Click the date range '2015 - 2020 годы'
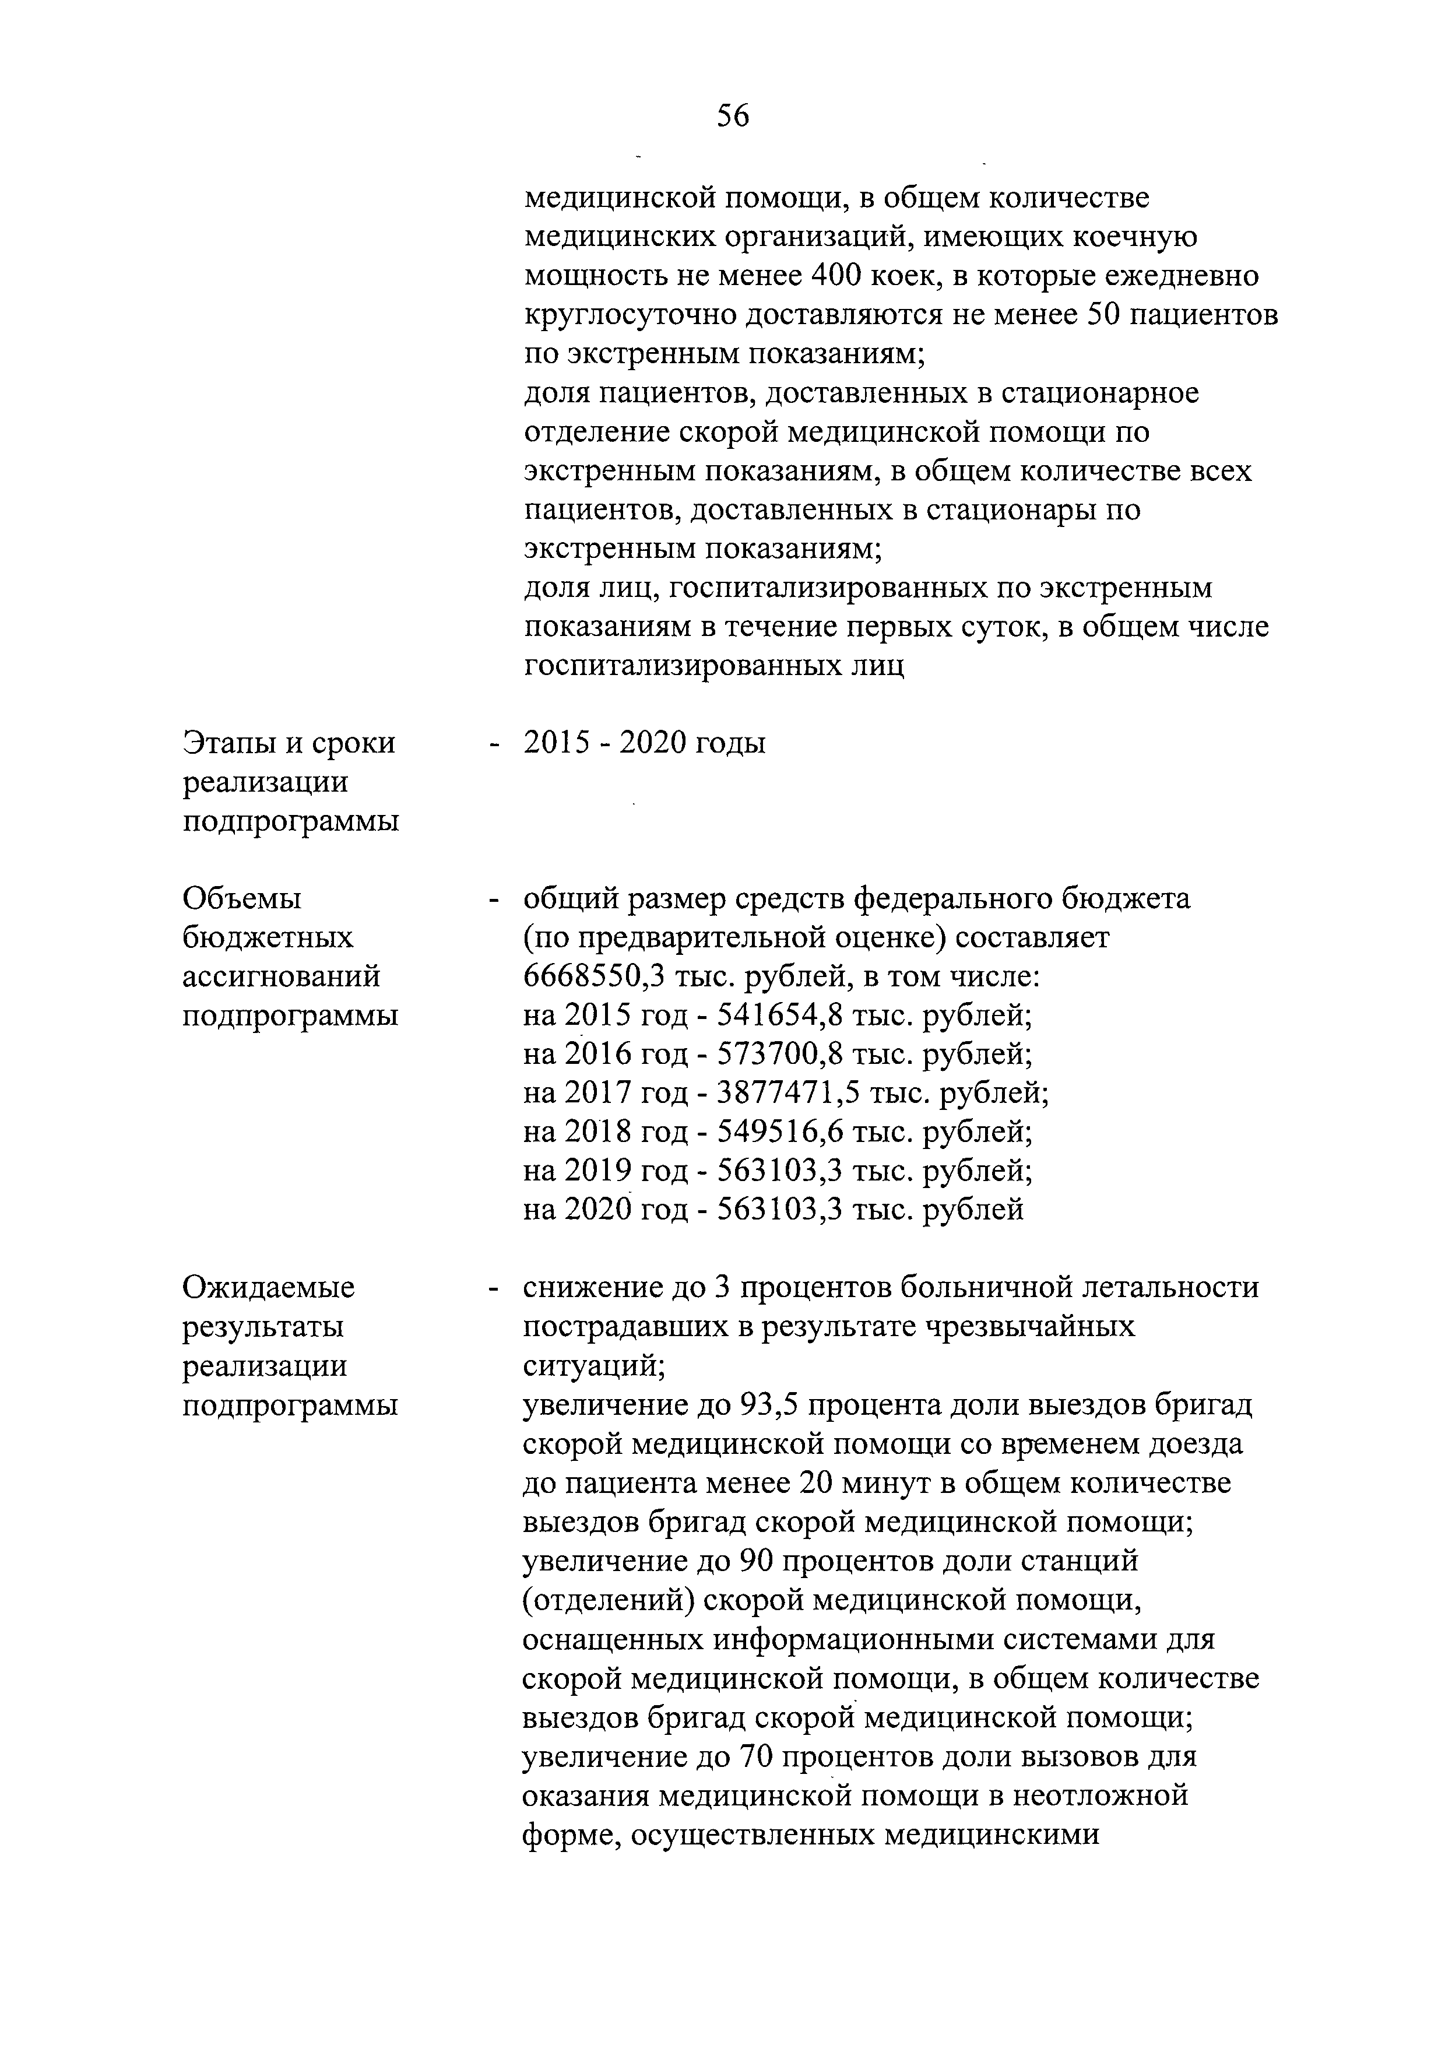[645, 743]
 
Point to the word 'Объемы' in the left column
[242, 899]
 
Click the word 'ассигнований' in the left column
[282, 977]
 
